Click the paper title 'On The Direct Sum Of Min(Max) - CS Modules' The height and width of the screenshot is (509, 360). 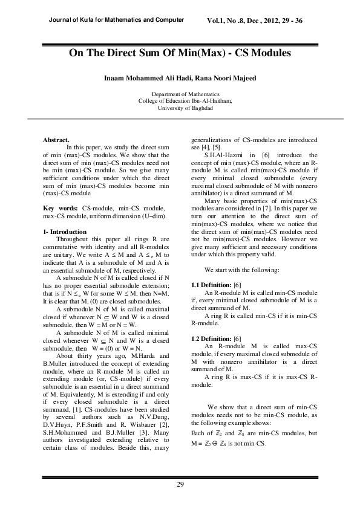(x=180, y=54)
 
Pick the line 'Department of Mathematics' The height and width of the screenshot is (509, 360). (x=180, y=95)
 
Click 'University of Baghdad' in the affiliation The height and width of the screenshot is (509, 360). (x=180, y=108)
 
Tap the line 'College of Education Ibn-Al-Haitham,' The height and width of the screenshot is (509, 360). (x=180, y=102)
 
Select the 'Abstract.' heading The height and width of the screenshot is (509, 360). (x=56, y=140)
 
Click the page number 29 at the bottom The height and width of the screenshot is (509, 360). (x=180, y=484)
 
